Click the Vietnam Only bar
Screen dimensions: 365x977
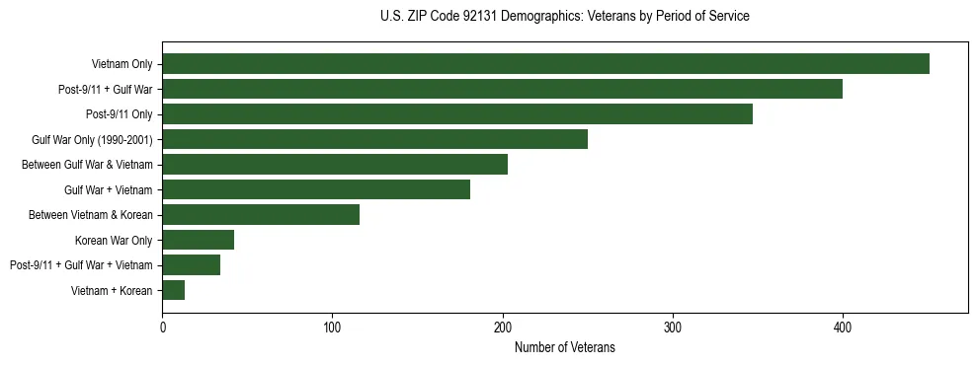pyautogui.click(x=545, y=64)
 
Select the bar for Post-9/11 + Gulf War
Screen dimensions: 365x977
pyautogui.click(x=502, y=89)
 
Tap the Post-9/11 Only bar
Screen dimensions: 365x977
pyautogui.click(x=457, y=114)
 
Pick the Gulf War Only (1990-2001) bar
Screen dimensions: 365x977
pyautogui.click(x=374, y=139)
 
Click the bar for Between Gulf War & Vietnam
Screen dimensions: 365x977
pyautogui.click(x=335, y=165)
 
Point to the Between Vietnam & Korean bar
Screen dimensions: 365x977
pyautogui.click(x=261, y=214)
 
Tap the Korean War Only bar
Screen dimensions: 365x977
pyautogui.click(x=198, y=240)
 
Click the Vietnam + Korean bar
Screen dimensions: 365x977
pyautogui.click(x=174, y=290)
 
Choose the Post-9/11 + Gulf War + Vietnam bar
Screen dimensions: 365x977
pyautogui.click(x=191, y=264)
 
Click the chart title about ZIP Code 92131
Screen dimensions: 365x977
pyautogui.click(x=564, y=17)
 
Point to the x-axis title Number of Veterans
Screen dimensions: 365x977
pyautogui.click(x=564, y=347)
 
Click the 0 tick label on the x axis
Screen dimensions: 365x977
pyautogui.click(x=162, y=327)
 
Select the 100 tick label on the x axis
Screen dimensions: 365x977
pyautogui.click(x=332, y=327)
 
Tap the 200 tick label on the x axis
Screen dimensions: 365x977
pyautogui.click(x=503, y=327)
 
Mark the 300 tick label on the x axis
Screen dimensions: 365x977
pyautogui.click(x=673, y=327)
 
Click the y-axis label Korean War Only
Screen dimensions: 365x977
pyautogui.click(x=114, y=240)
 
